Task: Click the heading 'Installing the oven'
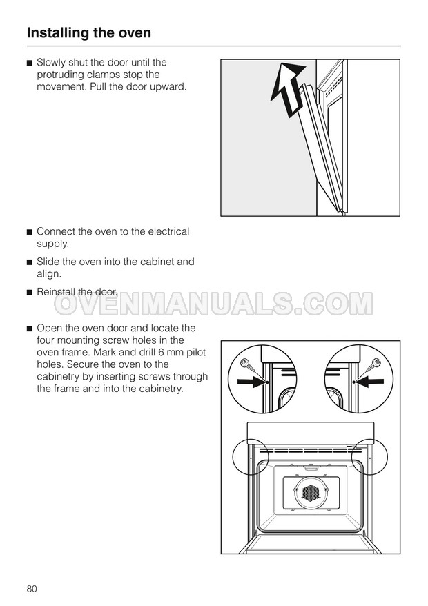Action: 89,33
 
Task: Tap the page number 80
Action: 32,589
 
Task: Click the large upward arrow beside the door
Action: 287,89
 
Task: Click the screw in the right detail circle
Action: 376,363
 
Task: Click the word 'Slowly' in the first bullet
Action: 51,63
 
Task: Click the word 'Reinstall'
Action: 56,292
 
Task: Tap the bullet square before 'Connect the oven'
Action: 30,233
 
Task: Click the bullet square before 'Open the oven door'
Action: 30,329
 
